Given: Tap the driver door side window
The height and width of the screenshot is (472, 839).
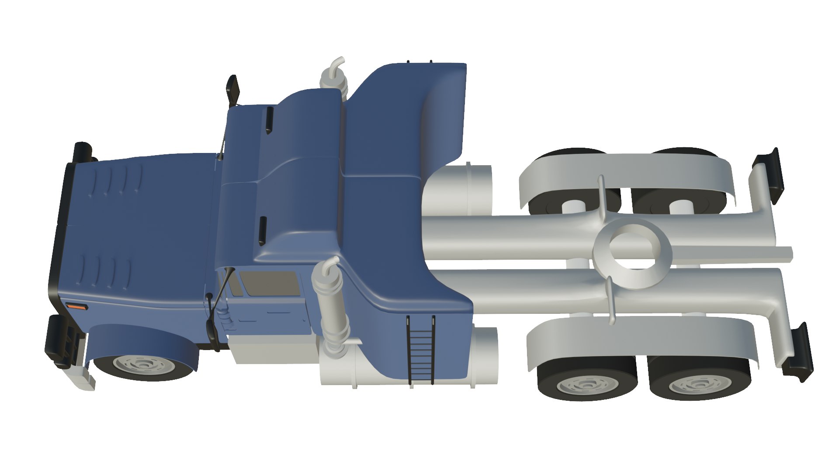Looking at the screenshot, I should (x=270, y=284).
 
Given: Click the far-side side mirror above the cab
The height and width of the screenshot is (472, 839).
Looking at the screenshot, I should (x=233, y=90).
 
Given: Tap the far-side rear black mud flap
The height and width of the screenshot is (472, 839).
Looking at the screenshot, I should (x=770, y=175).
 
